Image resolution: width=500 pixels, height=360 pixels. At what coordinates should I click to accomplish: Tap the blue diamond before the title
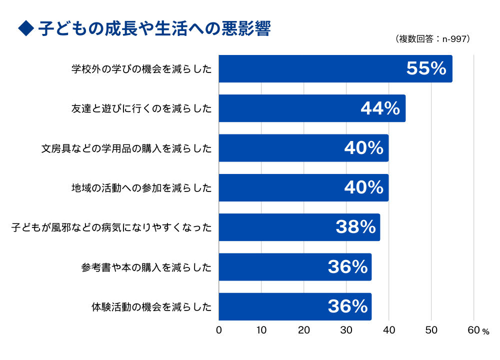point(25,29)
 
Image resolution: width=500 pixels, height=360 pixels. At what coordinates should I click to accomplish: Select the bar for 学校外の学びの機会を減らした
point(300,69)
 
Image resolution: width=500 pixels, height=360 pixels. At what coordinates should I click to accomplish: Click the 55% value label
point(426,69)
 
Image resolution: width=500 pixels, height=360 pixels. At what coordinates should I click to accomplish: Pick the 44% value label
point(380,108)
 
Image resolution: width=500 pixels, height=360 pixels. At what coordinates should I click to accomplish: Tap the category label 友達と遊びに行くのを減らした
point(141,108)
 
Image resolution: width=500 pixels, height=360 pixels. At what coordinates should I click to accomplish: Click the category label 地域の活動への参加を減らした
point(141,188)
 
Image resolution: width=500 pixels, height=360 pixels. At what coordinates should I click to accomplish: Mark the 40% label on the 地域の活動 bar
point(363,188)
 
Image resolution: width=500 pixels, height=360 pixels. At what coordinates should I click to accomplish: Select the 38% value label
point(355,227)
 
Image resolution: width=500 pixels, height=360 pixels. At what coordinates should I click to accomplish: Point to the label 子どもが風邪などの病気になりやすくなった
point(111,227)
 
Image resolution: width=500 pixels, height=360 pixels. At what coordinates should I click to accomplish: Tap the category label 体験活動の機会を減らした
point(151,306)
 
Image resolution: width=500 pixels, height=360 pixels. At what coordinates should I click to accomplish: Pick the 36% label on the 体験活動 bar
point(347,306)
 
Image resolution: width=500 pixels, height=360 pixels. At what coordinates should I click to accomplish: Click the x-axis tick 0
point(219,330)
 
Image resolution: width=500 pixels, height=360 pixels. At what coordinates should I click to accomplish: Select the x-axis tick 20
point(304,330)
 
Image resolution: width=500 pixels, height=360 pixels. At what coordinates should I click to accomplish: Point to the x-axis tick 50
point(431,330)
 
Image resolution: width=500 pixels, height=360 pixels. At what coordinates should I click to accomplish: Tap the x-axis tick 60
point(473,330)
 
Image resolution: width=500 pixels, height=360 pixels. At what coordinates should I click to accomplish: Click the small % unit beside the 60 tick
point(485,331)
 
